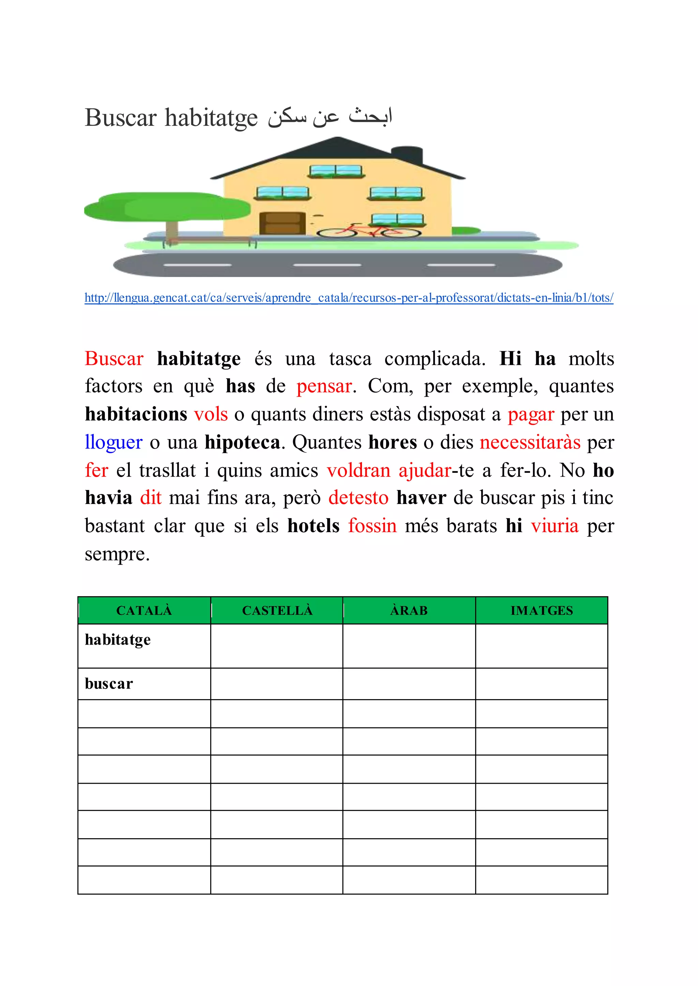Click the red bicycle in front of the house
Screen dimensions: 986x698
[x=369, y=231]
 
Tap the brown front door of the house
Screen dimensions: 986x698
[x=283, y=223]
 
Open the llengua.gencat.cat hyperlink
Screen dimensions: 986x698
[x=349, y=297]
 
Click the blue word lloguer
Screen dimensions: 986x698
[x=113, y=442]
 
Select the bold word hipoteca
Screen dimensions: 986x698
[x=242, y=442]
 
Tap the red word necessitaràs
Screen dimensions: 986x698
[x=530, y=442]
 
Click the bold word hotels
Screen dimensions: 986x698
[x=313, y=526]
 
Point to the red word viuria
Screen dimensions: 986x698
[x=555, y=526]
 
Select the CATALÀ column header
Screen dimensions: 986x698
[x=144, y=611]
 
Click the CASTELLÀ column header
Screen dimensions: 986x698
[x=277, y=611]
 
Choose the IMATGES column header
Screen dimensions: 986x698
[x=542, y=611]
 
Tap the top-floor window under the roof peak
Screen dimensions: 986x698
[x=336, y=171]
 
